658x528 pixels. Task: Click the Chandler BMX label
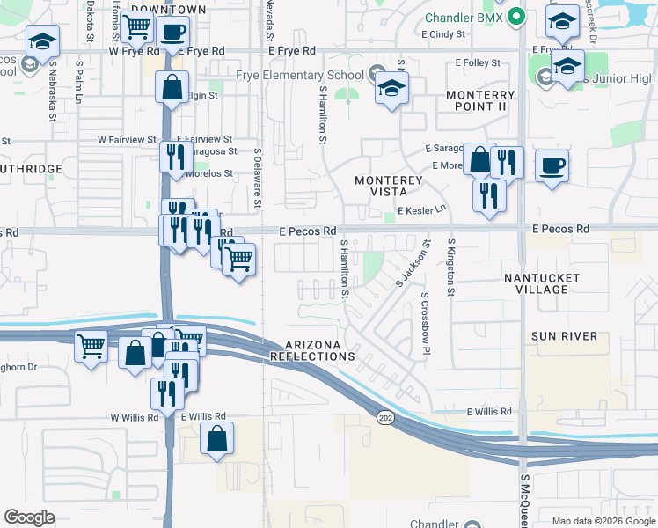(464, 18)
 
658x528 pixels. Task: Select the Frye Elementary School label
(300, 75)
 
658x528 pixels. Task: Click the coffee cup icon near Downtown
(173, 32)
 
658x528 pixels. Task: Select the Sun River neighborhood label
(564, 336)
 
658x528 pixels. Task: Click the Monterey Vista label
(389, 186)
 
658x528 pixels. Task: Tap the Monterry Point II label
(480, 100)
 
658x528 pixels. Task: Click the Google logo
(30, 517)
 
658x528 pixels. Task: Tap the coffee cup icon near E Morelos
(552, 165)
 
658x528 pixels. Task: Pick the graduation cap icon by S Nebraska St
(42, 40)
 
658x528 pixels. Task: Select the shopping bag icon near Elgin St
(172, 88)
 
